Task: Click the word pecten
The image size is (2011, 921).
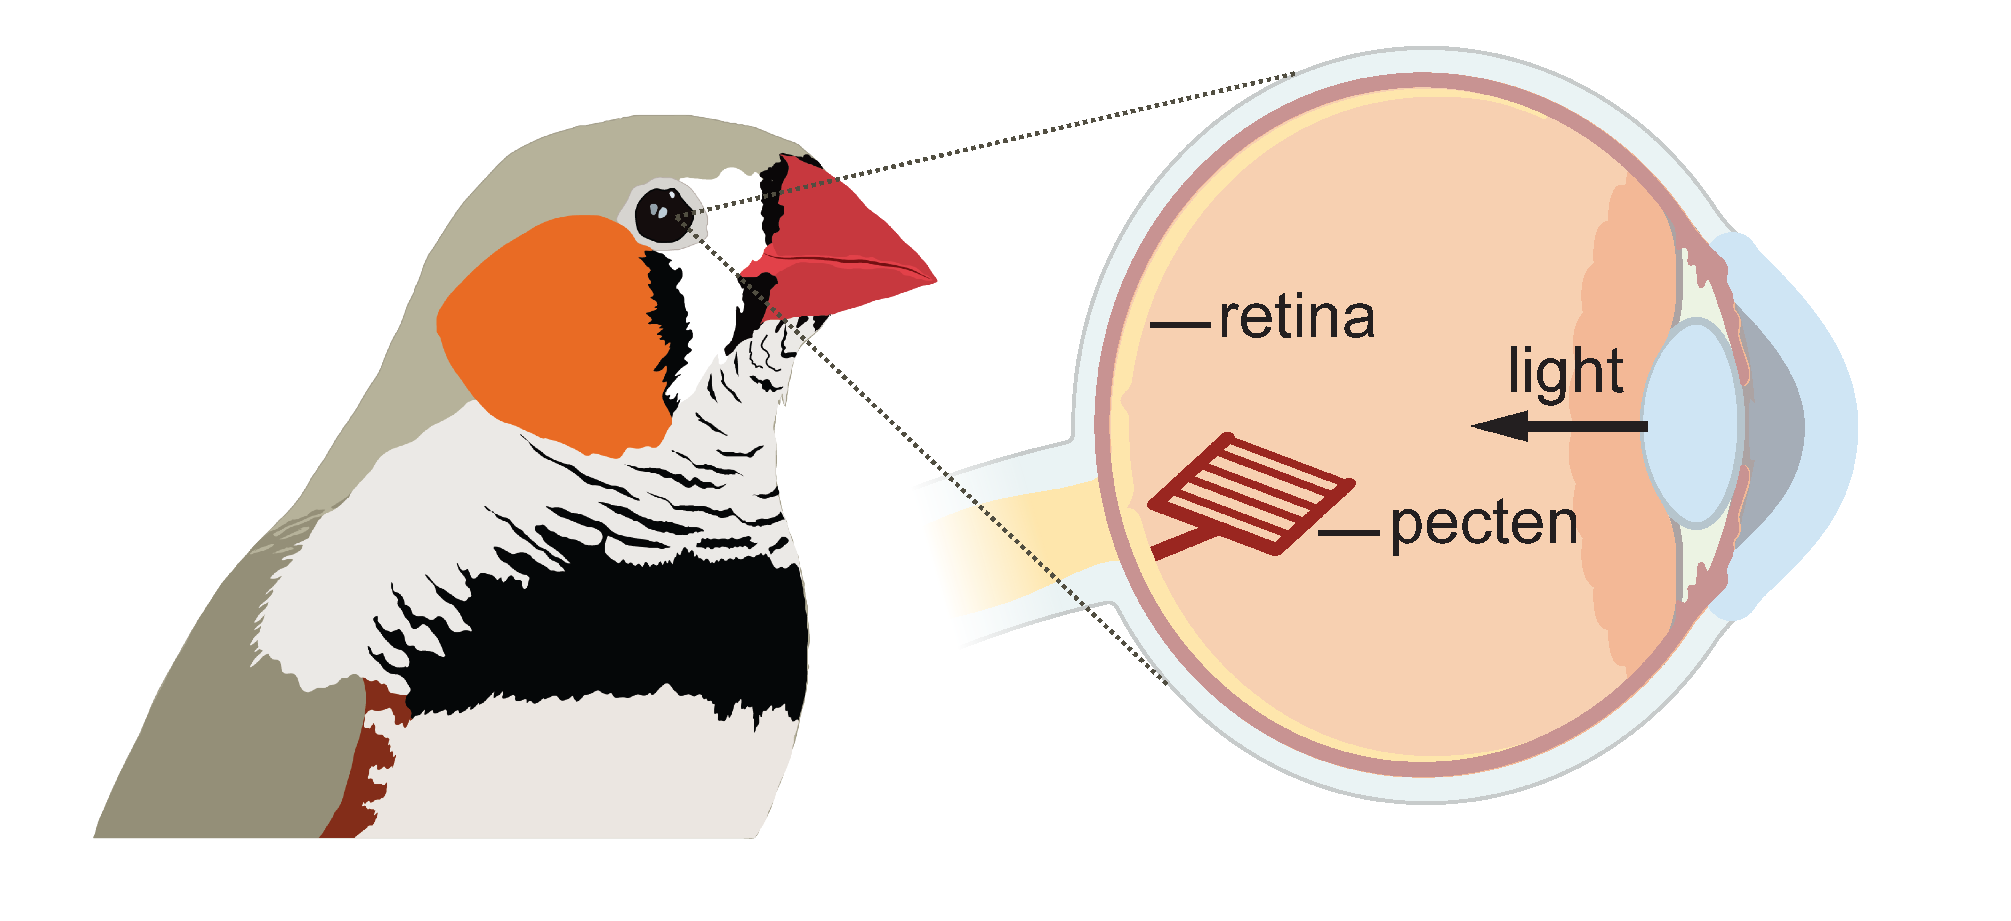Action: point(1483,525)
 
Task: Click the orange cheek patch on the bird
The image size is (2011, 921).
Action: point(546,328)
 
